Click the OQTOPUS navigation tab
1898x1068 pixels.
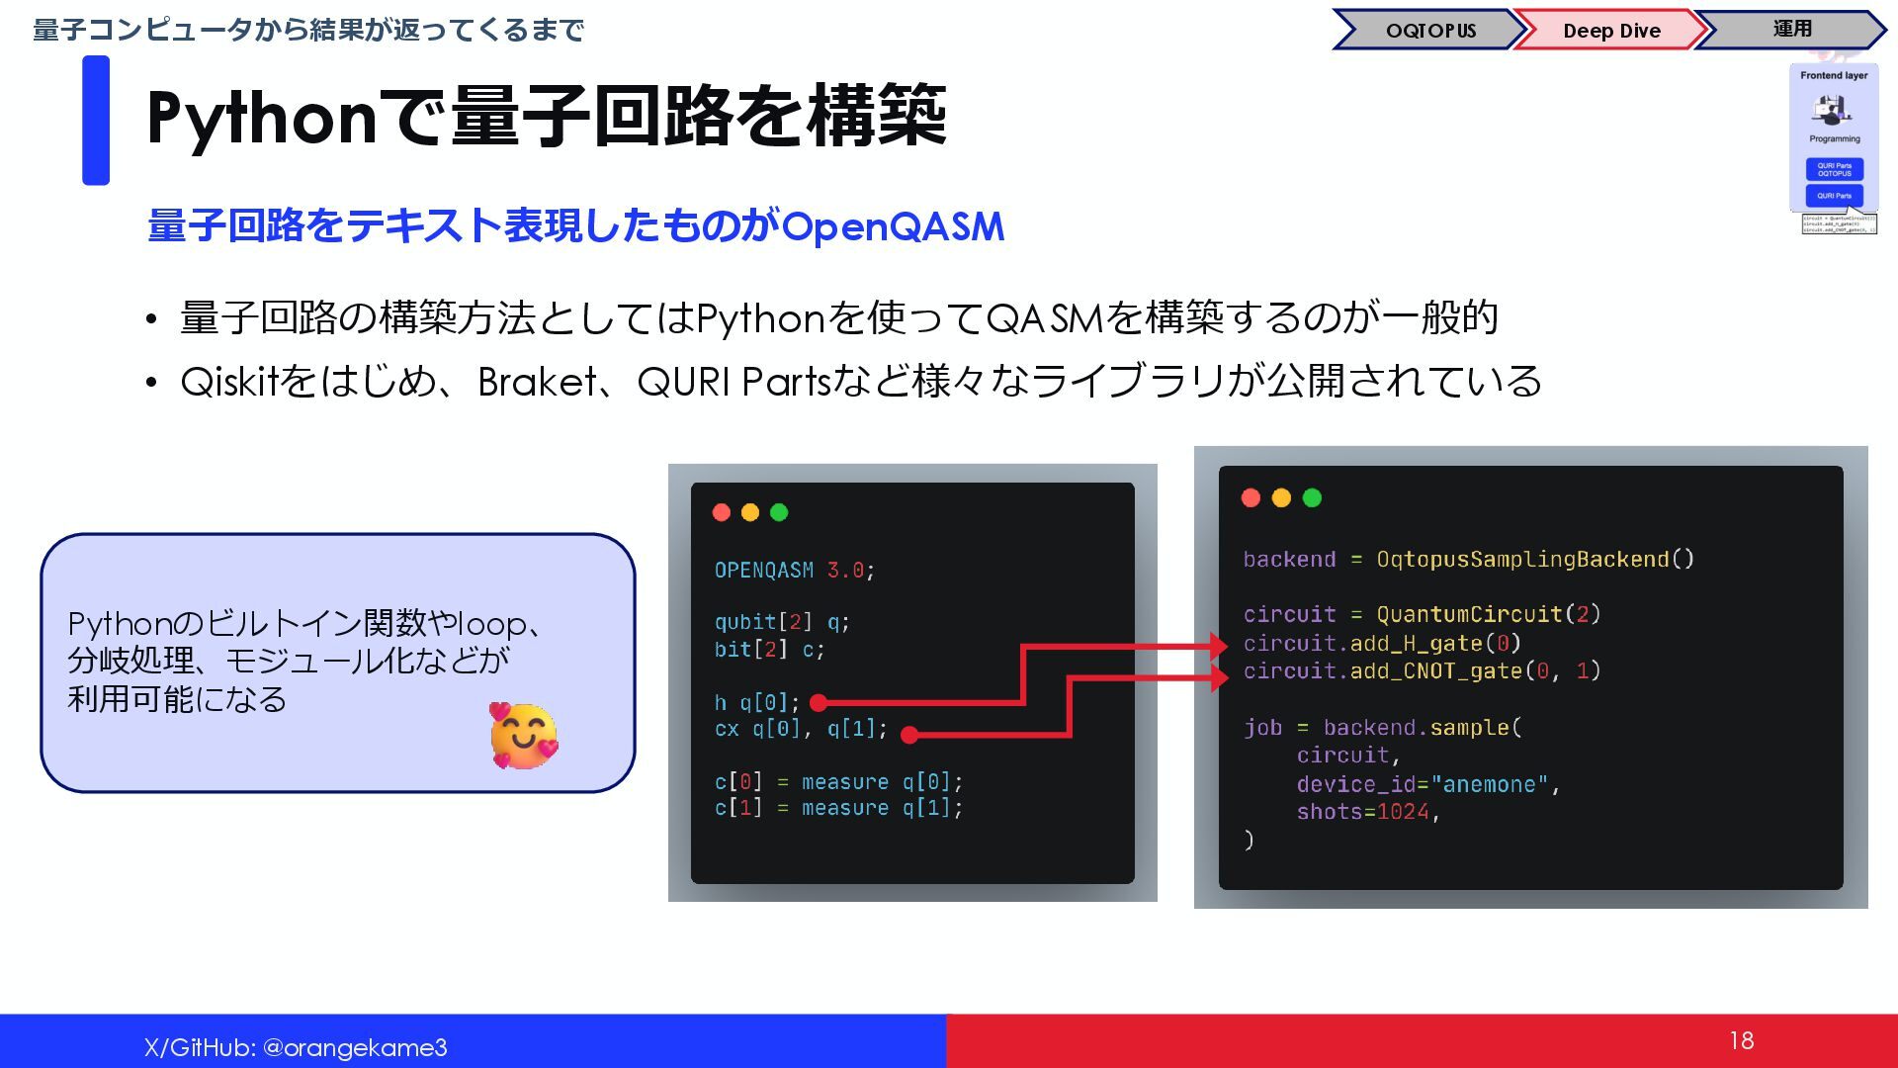coord(1429,30)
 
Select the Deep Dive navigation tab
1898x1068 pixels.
coord(1610,30)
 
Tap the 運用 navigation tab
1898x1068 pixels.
coord(1791,29)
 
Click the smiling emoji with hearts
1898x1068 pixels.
coord(523,736)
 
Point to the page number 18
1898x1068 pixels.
coord(1741,1040)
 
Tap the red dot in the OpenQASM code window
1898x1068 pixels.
coord(722,512)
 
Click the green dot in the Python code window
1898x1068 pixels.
coord(1312,497)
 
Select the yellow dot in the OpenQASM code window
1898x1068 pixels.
coord(750,512)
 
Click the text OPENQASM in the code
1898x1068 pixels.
coord(763,571)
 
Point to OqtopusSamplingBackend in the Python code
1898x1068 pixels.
coord(1522,560)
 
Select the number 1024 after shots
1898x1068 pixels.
coord(1403,812)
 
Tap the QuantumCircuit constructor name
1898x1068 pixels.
coord(1470,614)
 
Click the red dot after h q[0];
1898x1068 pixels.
coord(818,703)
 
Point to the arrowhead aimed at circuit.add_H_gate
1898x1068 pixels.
coord(1218,648)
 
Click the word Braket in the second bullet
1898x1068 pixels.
coord(537,382)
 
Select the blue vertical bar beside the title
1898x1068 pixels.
coord(96,121)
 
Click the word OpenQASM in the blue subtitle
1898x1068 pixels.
coord(893,226)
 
